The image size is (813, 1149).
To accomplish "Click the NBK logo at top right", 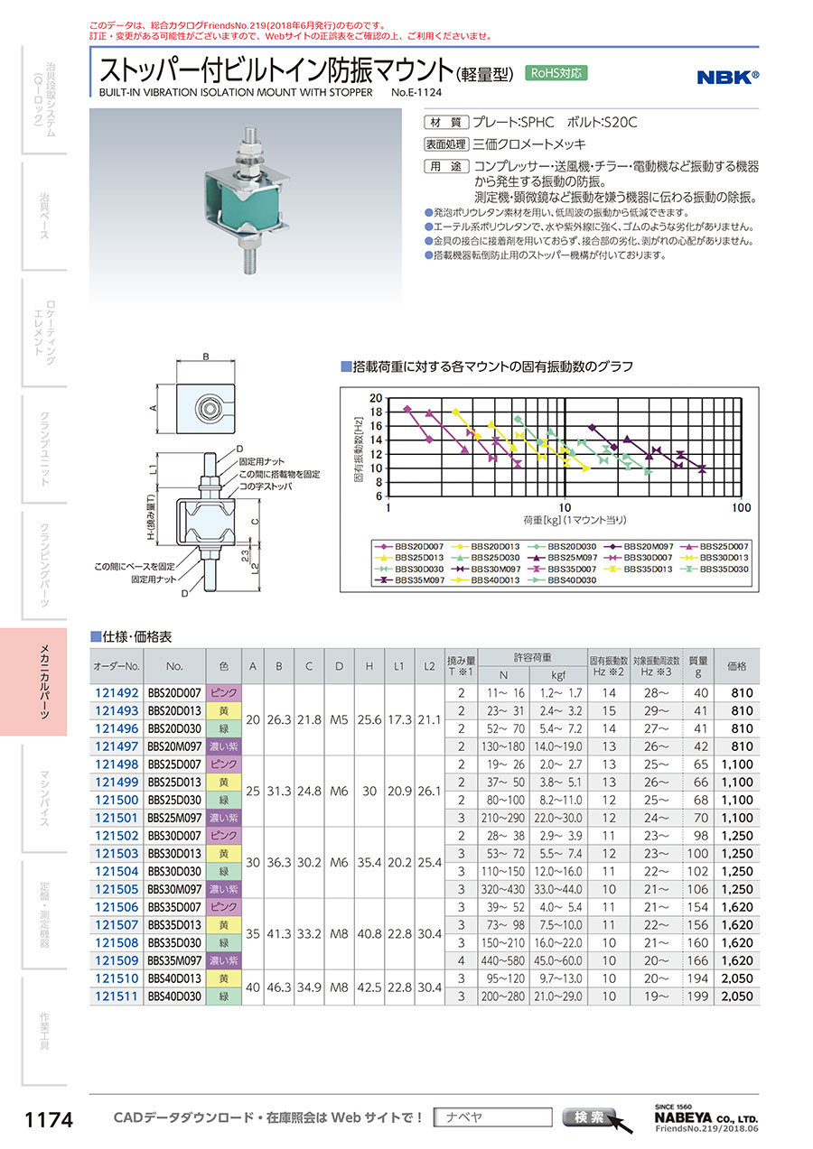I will [x=727, y=77].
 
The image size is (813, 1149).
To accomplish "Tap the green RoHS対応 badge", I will [x=556, y=74].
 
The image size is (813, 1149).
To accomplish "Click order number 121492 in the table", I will [x=117, y=693].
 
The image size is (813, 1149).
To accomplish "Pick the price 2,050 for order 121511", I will [x=736, y=996].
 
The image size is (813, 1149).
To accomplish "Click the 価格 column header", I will [x=736, y=667].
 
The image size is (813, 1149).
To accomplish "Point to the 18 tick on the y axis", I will [x=377, y=412].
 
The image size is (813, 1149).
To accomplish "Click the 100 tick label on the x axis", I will [x=741, y=508].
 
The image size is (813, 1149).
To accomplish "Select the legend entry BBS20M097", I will [x=645, y=546].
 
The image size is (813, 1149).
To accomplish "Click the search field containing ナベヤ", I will [x=492, y=1117].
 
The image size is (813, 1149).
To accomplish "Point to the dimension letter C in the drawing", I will [x=256, y=521].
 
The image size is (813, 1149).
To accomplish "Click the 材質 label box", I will [x=446, y=122].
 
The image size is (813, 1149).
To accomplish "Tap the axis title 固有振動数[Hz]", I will [x=358, y=446].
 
